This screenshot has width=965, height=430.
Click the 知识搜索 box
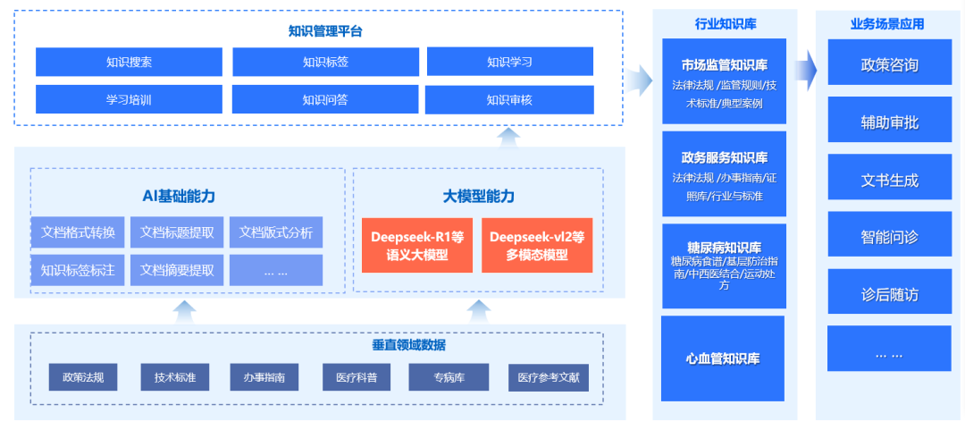coord(129,62)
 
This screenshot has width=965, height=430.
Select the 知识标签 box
coord(325,62)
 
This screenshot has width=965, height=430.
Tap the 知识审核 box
coord(509,100)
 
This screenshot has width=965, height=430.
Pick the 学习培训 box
coord(129,100)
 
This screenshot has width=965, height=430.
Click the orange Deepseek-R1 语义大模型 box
coord(417,245)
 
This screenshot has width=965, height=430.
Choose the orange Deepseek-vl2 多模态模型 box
coord(537,245)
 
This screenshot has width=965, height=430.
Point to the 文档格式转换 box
coord(78,232)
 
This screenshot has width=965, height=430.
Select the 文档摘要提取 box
coord(177,270)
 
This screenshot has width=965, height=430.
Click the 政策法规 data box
coord(83,377)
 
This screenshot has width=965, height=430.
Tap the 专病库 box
coord(440,377)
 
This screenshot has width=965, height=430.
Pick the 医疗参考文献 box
coord(549,377)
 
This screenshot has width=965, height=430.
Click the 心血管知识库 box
coord(723,358)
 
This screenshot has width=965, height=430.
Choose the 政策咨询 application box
coord(890,65)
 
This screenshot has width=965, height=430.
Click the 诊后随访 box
coord(890,294)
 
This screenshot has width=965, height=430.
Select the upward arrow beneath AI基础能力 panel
coord(185,312)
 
